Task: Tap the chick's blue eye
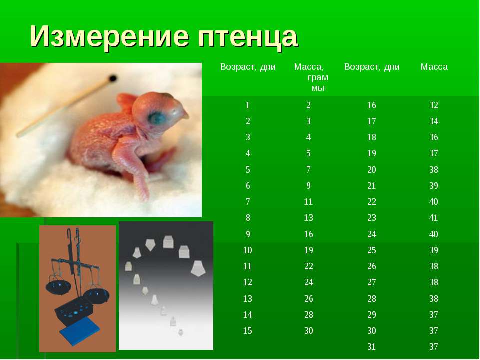pyautogui.click(x=156, y=117)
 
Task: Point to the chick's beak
pyautogui.click(x=183, y=113)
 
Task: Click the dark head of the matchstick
pyautogui.click(x=113, y=78)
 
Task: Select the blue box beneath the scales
pyautogui.click(x=80, y=331)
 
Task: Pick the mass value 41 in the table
pyautogui.click(x=434, y=218)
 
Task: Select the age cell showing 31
pyautogui.click(x=371, y=347)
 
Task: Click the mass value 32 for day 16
pyautogui.click(x=434, y=105)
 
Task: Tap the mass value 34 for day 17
pyautogui.click(x=434, y=121)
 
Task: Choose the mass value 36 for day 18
pyautogui.click(x=434, y=137)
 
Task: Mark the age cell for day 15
pyautogui.click(x=247, y=331)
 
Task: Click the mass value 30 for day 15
pyautogui.click(x=309, y=331)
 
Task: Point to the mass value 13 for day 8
pyautogui.click(x=309, y=218)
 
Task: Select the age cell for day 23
pyautogui.click(x=371, y=218)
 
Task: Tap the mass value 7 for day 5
pyautogui.click(x=308, y=170)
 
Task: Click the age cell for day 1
pyautogui.click(x=247, y=105)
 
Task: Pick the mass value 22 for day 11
pyautogui.click(x=309, y=266)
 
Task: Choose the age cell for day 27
pyautogui.click(x=371, y=282)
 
